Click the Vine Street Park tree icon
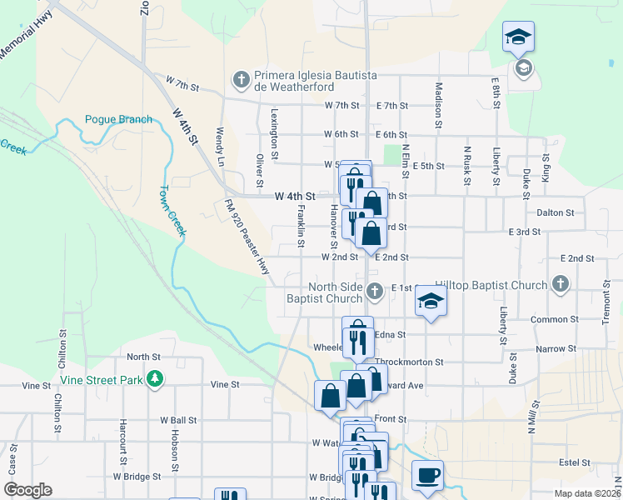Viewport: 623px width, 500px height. point(153,380)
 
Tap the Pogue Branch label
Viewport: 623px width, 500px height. point(118,119)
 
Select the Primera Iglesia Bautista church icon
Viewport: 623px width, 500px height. point(241,80)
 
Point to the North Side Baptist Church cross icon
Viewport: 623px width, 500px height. point(375,291)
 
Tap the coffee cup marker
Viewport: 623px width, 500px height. point(427,476)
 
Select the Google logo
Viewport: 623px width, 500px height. point(27,490)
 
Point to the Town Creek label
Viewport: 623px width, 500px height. point(172,211)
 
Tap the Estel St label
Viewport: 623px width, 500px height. point(574,462)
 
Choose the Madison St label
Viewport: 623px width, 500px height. point(437,103)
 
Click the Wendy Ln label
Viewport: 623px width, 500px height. point(220,146)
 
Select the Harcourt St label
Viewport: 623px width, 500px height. point(122,441)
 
